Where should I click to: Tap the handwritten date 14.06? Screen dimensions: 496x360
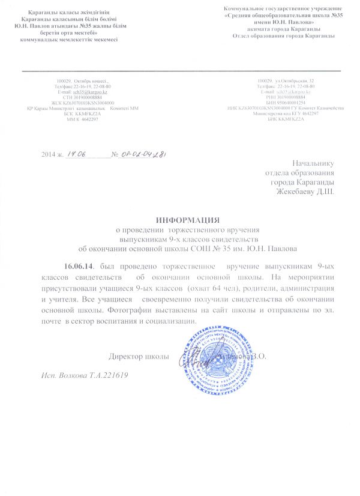pyautogui.click(x=77, y=154)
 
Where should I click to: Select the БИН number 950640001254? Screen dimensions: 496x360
pyautogui.click(x=290, y=102)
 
